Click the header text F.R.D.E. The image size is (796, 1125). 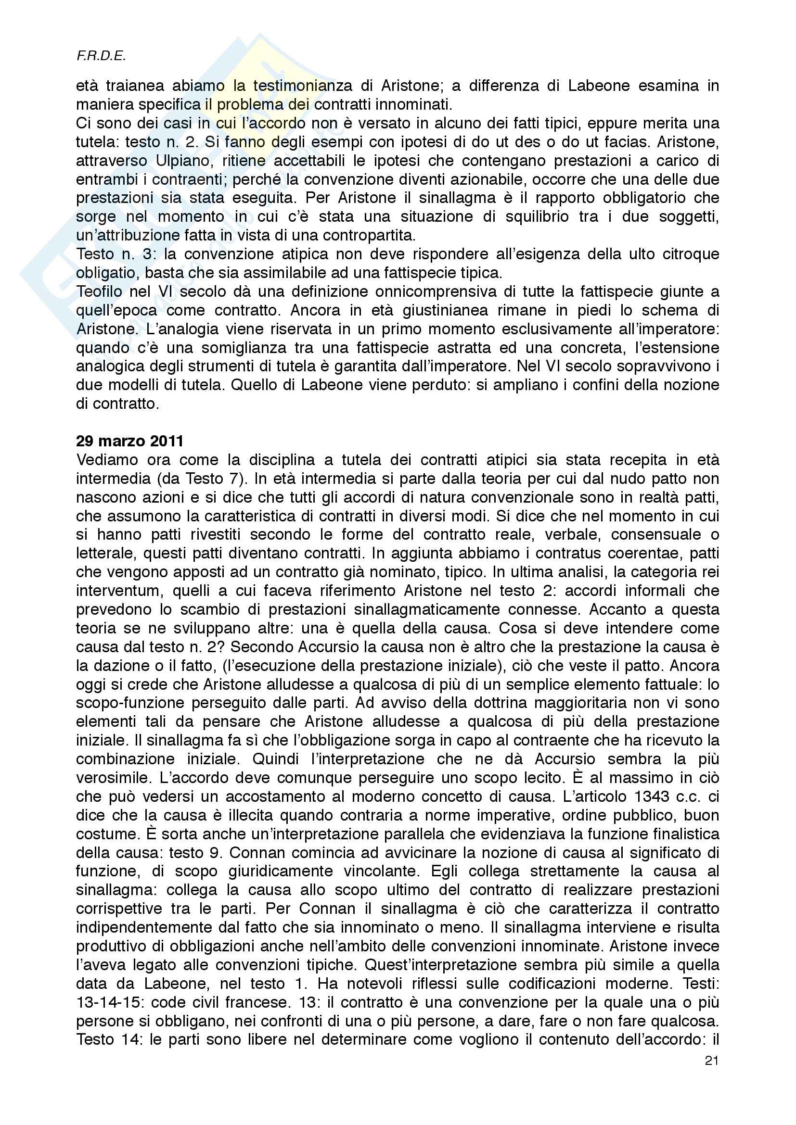101,56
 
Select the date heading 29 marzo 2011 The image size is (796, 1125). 129,441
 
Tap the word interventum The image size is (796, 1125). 118,591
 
